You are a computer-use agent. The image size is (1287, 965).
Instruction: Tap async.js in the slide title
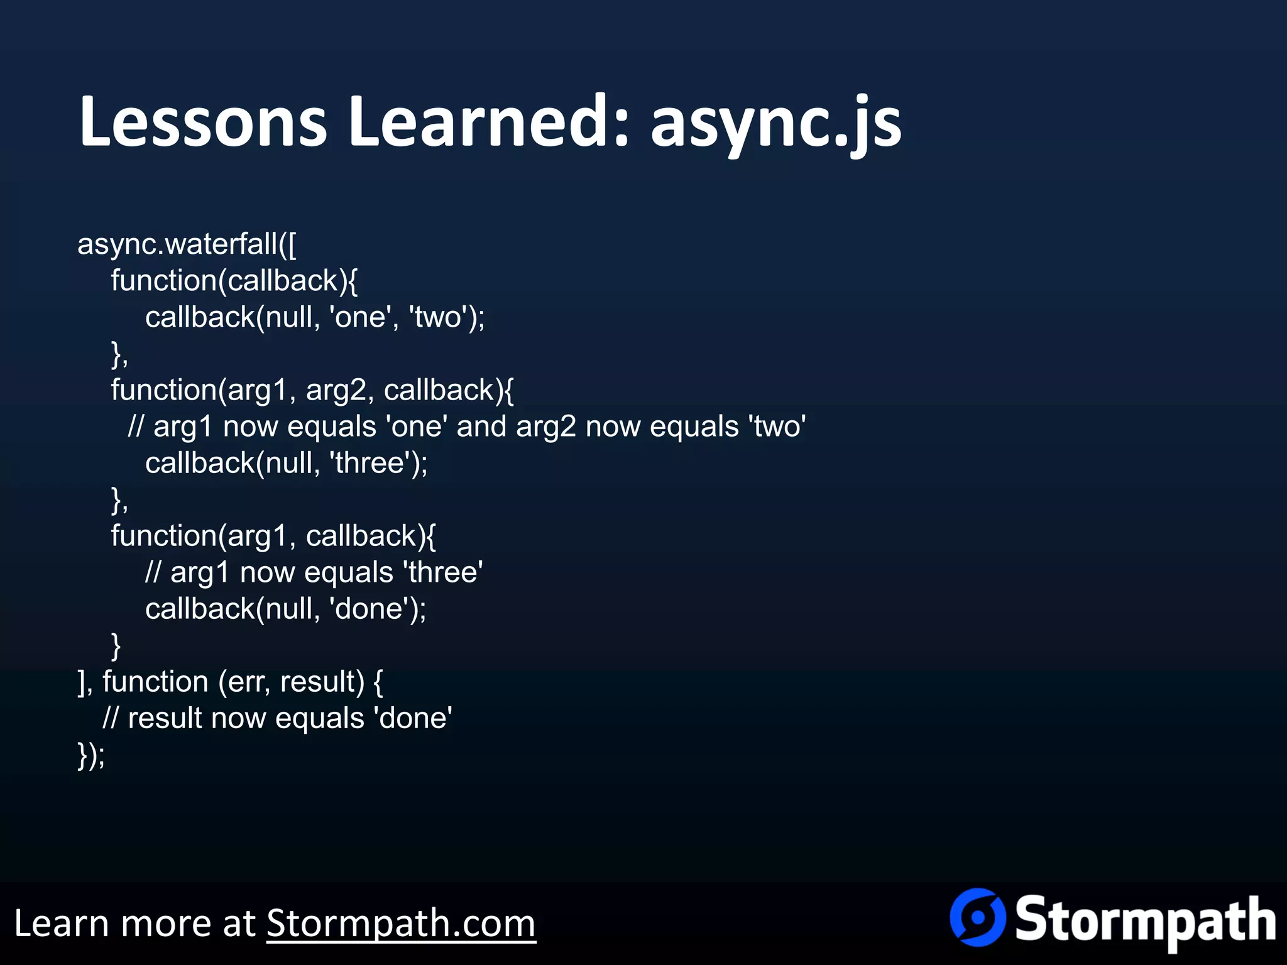coord(776,123)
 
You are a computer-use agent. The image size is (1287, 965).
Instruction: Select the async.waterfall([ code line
coord(187,244)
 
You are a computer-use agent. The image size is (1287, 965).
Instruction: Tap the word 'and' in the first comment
coord(481,427)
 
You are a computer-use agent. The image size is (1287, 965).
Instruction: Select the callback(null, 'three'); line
coord(286,463)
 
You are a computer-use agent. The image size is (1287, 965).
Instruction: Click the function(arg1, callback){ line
coord(273,536)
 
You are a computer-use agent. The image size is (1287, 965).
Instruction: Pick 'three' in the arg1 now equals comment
coord(443,572)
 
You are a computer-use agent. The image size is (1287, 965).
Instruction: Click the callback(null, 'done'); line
coord(285,609)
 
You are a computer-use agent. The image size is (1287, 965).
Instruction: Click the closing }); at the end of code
coord(91,755)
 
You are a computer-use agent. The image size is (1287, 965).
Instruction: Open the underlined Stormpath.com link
coord(401,924)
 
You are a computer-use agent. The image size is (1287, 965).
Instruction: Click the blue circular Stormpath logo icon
coord(977,917)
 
